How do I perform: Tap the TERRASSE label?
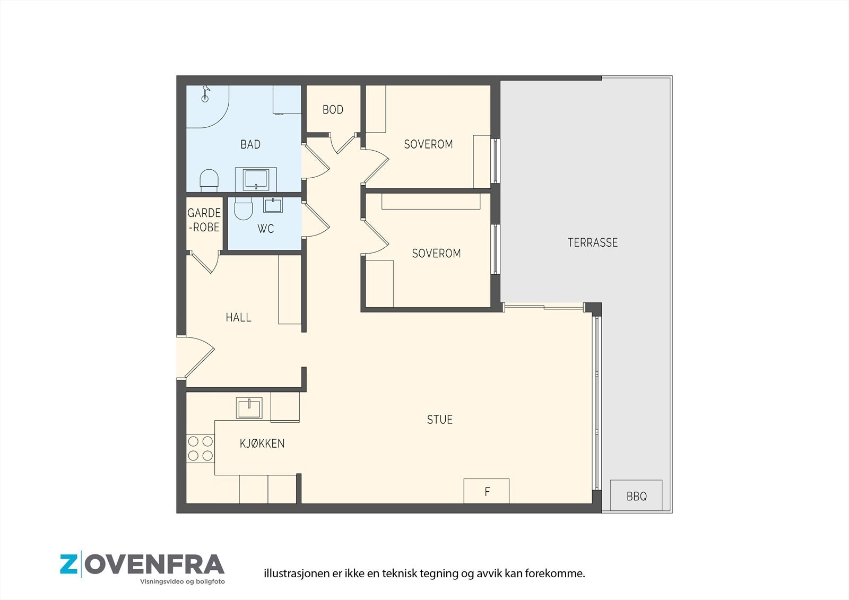[x=593, y=242]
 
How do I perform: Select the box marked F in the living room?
[x=486, y=491]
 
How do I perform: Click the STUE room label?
[x=440, y=420]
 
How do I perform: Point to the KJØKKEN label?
[x=262, y=443]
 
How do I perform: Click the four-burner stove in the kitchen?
[x=200, y=448]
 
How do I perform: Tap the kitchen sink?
[x=249, y=408]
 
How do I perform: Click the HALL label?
[x=238, y=317]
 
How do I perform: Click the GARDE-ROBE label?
[x=204, y=220]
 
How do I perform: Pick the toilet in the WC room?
[x=243, y=208]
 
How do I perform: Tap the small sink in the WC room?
[x=273, y=205]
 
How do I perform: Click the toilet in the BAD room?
[x=209, y=180]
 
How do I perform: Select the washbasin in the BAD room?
[x=256, y=180]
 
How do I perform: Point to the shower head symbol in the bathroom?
[x=205, y=93]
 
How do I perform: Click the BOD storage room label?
[x=333, y=109]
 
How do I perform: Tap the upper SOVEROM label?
[x=428, y=144]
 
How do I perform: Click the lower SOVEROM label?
[x=436, y=253]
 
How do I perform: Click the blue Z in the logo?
[x=68, y=564]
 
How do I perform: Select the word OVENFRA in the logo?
[x=154, y=564]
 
